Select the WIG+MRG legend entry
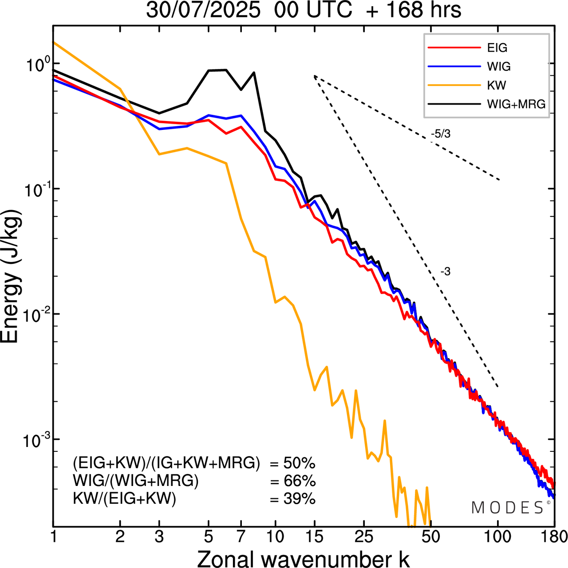(516, 104)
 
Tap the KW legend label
(497, 85)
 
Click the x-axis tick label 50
(430, 537)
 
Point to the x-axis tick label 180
(553, 537)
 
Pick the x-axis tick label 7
(241, 537)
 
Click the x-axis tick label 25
(364, 537)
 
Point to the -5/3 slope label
(441, 133)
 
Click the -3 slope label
(446, 272)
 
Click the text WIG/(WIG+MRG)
(136, 481)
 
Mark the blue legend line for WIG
(454, 67)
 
